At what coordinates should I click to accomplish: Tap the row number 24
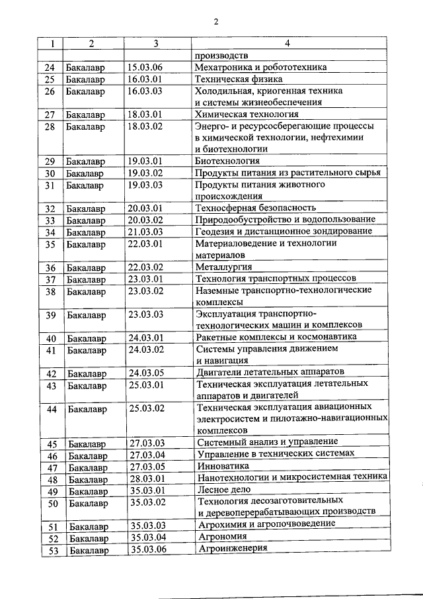point(49,68)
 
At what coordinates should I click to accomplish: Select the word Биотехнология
point(227,161)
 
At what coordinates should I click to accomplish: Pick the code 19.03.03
point(145,185)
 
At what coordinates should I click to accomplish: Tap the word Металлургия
point(223,267)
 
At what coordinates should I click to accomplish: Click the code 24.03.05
point(147,373)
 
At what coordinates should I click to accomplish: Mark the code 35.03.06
point(148,549)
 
